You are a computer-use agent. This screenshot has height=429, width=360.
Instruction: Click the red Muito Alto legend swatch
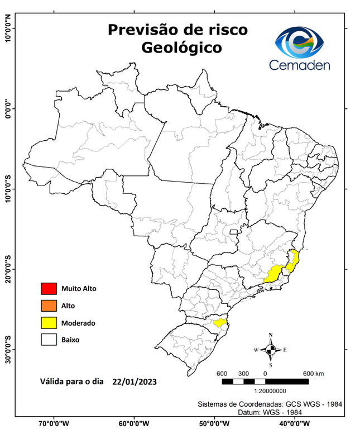tap(49, 289)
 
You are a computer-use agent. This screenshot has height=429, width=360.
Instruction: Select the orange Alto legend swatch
tap(49, 306)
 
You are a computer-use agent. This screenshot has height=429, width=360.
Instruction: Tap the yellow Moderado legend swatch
tap(49, 322)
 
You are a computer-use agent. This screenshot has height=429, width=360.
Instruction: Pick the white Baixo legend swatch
tap(49, 339)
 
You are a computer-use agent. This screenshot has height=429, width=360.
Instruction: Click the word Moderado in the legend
tap(78, 323)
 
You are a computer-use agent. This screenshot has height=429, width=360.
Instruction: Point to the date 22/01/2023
tap(133, 382)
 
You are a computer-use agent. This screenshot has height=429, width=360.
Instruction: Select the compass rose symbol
tap(270, 350)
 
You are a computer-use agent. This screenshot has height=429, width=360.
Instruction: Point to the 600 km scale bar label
tap(313, 373)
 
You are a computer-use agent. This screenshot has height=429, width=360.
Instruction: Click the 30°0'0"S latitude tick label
tap(8, 349)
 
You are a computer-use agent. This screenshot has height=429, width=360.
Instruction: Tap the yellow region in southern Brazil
tap(219, 322)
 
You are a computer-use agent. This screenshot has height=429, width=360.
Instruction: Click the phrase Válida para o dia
tap(72, 382)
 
